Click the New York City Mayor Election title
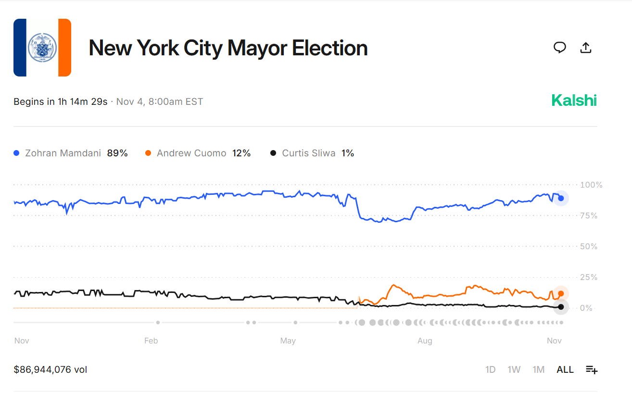(x=228, y=48)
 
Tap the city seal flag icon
(x=42, y=48)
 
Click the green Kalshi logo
(x=574, y=101)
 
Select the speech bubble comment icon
(x=559, y=48)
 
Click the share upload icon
(x=585, y=48)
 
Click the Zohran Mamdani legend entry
(x=70, y=153)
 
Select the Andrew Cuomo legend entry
(x=197, y=153)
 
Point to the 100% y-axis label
(x=591, y=185)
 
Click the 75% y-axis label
(x=589, y=216)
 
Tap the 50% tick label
(x=589, y=247)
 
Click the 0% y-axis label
(x=586, y=308)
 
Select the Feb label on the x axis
(x=151, y=341)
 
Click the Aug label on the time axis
(x=425, y=341)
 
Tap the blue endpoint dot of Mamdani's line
(x=561, y=198)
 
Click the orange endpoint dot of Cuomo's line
(x=561, y=293)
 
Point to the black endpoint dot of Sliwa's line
(x=561, y=307)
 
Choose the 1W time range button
(x=514, y=369)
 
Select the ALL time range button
(x=565, y=369)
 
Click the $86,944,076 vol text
(x=51, y=369)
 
